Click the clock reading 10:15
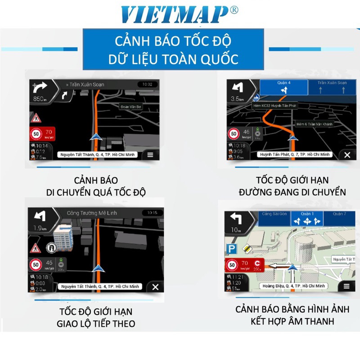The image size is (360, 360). click(x=152, y=212)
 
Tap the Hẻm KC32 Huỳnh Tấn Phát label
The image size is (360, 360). click(x=274, y=105)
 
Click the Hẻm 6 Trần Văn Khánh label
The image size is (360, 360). click(x=314, y=124)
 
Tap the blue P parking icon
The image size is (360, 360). click(x=231, y=248)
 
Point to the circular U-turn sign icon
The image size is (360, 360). click(x=50, y=247)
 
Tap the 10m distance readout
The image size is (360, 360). click(x=235, y=229)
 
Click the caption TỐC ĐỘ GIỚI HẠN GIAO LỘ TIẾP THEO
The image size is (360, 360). click(x=95, y=317)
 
